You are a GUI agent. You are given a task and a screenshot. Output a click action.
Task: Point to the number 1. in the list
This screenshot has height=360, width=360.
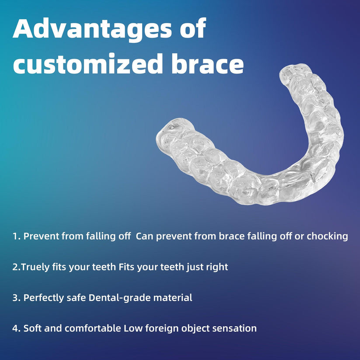coord(17,236)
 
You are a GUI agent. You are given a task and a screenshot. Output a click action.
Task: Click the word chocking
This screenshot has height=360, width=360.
coord(327,236)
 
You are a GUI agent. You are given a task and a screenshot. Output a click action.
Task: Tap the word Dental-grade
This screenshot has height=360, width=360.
coord(117,298)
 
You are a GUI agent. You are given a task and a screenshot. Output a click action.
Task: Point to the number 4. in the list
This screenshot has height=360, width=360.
coord(17,328)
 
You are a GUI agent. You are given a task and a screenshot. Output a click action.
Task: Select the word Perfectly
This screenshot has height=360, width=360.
coord(43,298)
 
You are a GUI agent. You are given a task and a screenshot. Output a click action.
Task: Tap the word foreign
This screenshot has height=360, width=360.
coord(158,328)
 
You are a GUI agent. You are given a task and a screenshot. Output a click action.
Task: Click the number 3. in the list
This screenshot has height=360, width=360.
coord(17,298)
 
